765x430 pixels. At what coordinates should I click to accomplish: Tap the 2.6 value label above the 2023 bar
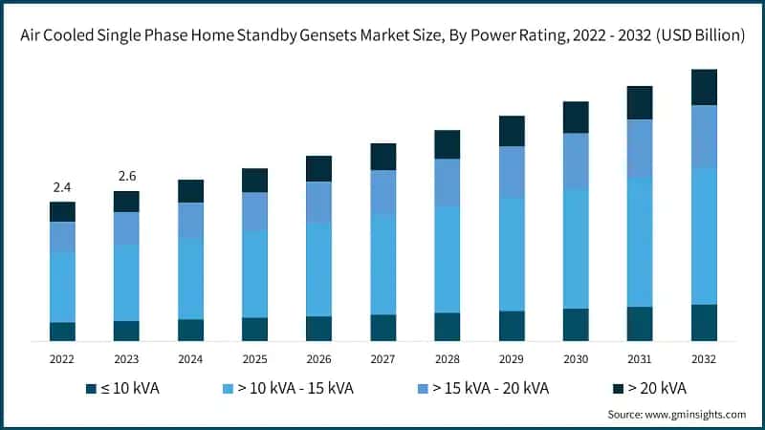coord(126,177)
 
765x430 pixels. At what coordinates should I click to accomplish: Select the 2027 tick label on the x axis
coord(382,359)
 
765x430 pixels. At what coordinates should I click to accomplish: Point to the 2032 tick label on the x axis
coord(704,359)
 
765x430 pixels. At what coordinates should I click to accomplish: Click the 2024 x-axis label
coord(190,359)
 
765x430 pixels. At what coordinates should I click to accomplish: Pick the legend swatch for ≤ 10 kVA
coord(91,388)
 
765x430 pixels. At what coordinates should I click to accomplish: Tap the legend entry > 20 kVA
coord(655,388)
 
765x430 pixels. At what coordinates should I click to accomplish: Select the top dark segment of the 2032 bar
coord(704,87)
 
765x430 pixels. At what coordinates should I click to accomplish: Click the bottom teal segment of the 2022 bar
coord(62,332)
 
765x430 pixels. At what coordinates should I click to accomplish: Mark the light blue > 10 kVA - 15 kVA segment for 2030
coord(576,248)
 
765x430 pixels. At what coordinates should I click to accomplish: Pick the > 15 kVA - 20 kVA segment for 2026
coord(318,202)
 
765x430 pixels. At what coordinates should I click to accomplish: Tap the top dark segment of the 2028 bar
coord(447,144)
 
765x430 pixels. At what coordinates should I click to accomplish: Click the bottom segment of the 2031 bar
coord(640,324)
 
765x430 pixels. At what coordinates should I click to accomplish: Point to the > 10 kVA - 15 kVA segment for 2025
coord(254,274)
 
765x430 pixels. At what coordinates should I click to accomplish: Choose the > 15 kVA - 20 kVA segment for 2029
coord(512,172)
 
